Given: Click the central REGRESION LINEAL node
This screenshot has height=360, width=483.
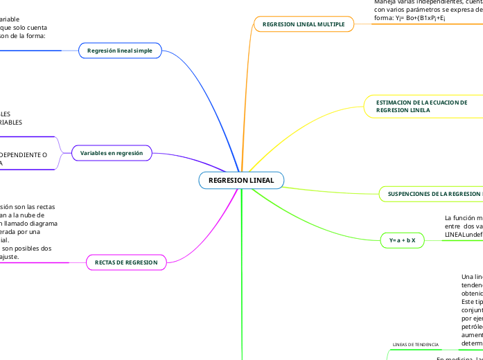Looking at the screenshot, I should [241, 180].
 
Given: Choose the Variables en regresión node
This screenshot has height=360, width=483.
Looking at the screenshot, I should [112, 152].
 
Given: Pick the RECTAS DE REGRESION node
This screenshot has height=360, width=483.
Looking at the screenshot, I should [126, 262].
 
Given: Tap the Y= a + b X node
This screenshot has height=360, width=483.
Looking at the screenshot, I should [402, 240].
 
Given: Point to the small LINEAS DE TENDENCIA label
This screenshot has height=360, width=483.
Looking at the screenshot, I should [415, 344].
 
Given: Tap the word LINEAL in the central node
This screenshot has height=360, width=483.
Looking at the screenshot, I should [261, 180].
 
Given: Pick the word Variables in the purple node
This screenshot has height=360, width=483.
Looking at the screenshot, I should [94, 152].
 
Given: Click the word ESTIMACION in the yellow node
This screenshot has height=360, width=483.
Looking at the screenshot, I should [394, 102].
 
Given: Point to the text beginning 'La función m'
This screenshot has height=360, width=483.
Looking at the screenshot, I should [463, 217].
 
